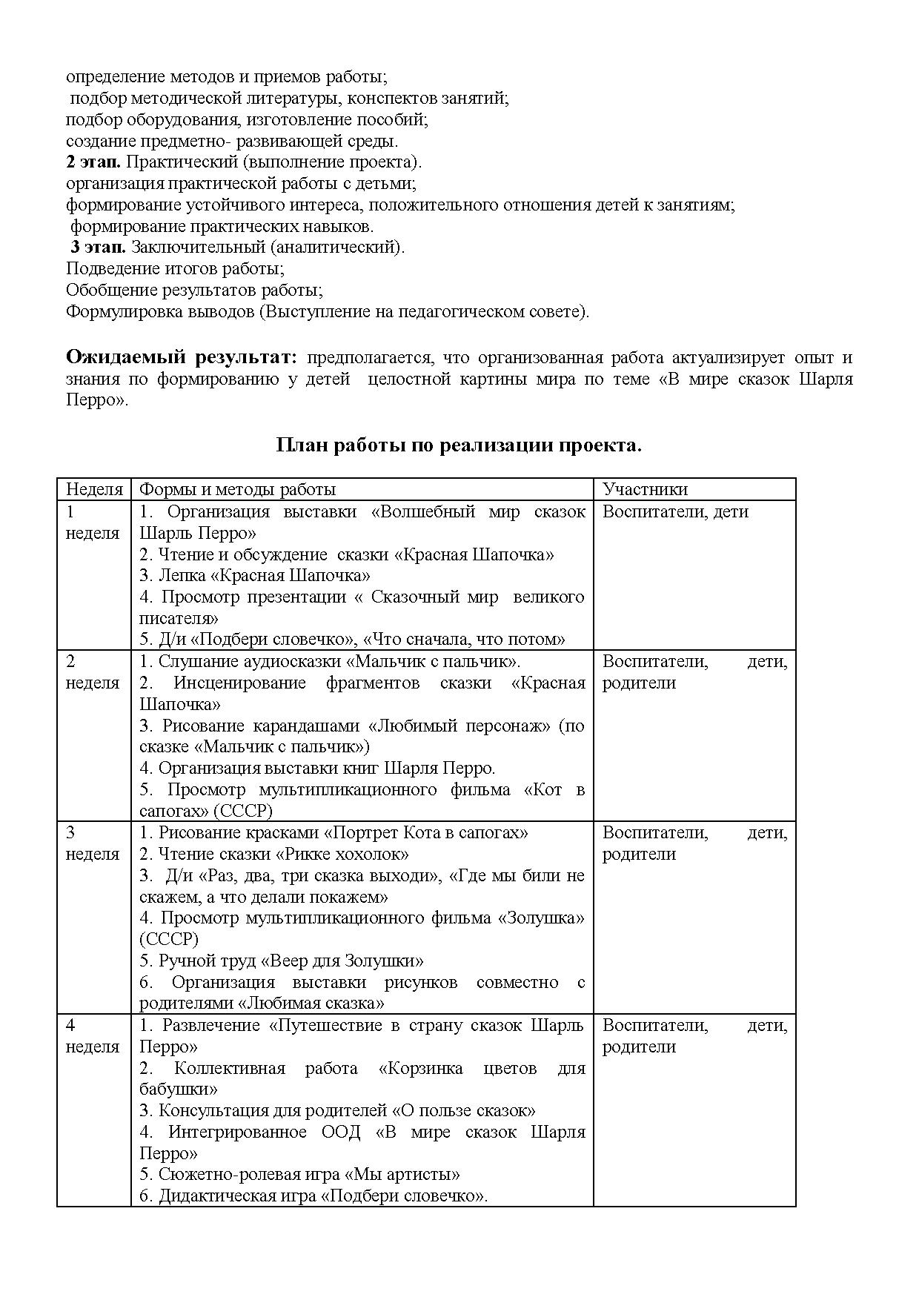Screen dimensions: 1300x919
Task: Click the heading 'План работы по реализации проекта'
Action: coord(459,445)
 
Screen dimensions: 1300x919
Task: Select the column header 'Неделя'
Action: coord(94,489)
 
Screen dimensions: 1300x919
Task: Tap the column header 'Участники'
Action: coord(645,489)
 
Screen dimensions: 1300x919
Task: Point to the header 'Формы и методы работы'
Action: coord(238,489)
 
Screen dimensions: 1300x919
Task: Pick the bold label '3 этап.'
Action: coord(99,248)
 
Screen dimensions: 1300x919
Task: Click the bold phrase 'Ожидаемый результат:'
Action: coord(182,357)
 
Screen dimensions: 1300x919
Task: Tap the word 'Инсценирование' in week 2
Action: coord(239,683)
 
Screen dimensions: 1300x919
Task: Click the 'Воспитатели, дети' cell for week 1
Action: coord(675,511)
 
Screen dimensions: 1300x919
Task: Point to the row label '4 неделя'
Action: coord(93,1036)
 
